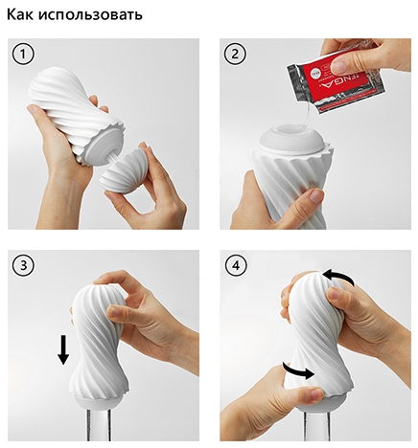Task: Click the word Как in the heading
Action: (x=20, y=14)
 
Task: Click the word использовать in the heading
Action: (x=90, y=14)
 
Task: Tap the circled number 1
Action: (x=23, y=55)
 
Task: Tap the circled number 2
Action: (x=235, y=55)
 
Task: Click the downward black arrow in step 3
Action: (x=63, y=349)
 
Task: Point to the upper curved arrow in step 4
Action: (x=339, y=275)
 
